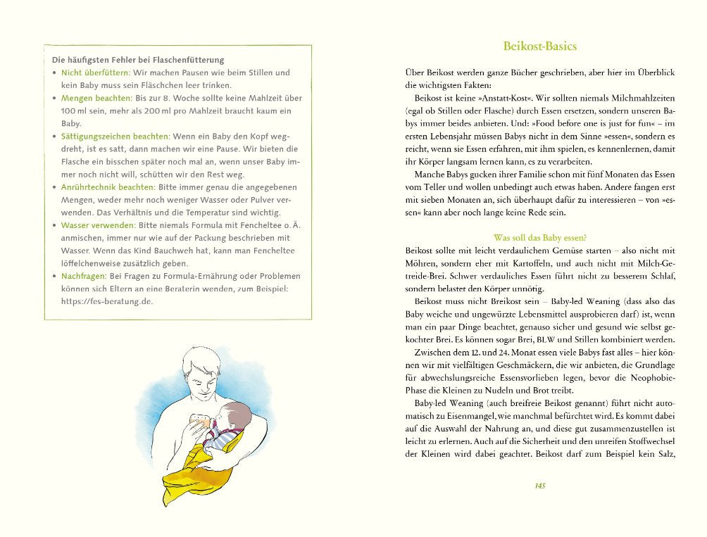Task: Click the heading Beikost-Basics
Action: (x=540, y=46)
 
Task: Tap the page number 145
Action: (x=541, y=486)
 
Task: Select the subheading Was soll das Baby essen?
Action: (x=540, y=237)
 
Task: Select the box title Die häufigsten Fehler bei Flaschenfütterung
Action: (x=132, y=60)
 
